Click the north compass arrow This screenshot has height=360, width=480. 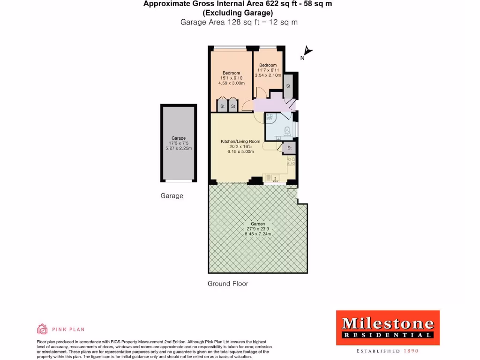307,51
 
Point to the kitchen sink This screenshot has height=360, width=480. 271,178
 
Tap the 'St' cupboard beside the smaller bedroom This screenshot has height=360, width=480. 288,86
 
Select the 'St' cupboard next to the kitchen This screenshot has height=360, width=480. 289,148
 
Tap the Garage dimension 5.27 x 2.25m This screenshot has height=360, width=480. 179,148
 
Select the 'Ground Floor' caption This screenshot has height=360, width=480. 228,284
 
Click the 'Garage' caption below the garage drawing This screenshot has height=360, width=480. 172,195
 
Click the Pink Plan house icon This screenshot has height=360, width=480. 42,329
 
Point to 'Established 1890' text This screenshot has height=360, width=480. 387,351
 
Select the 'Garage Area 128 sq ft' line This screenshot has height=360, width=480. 239,22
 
